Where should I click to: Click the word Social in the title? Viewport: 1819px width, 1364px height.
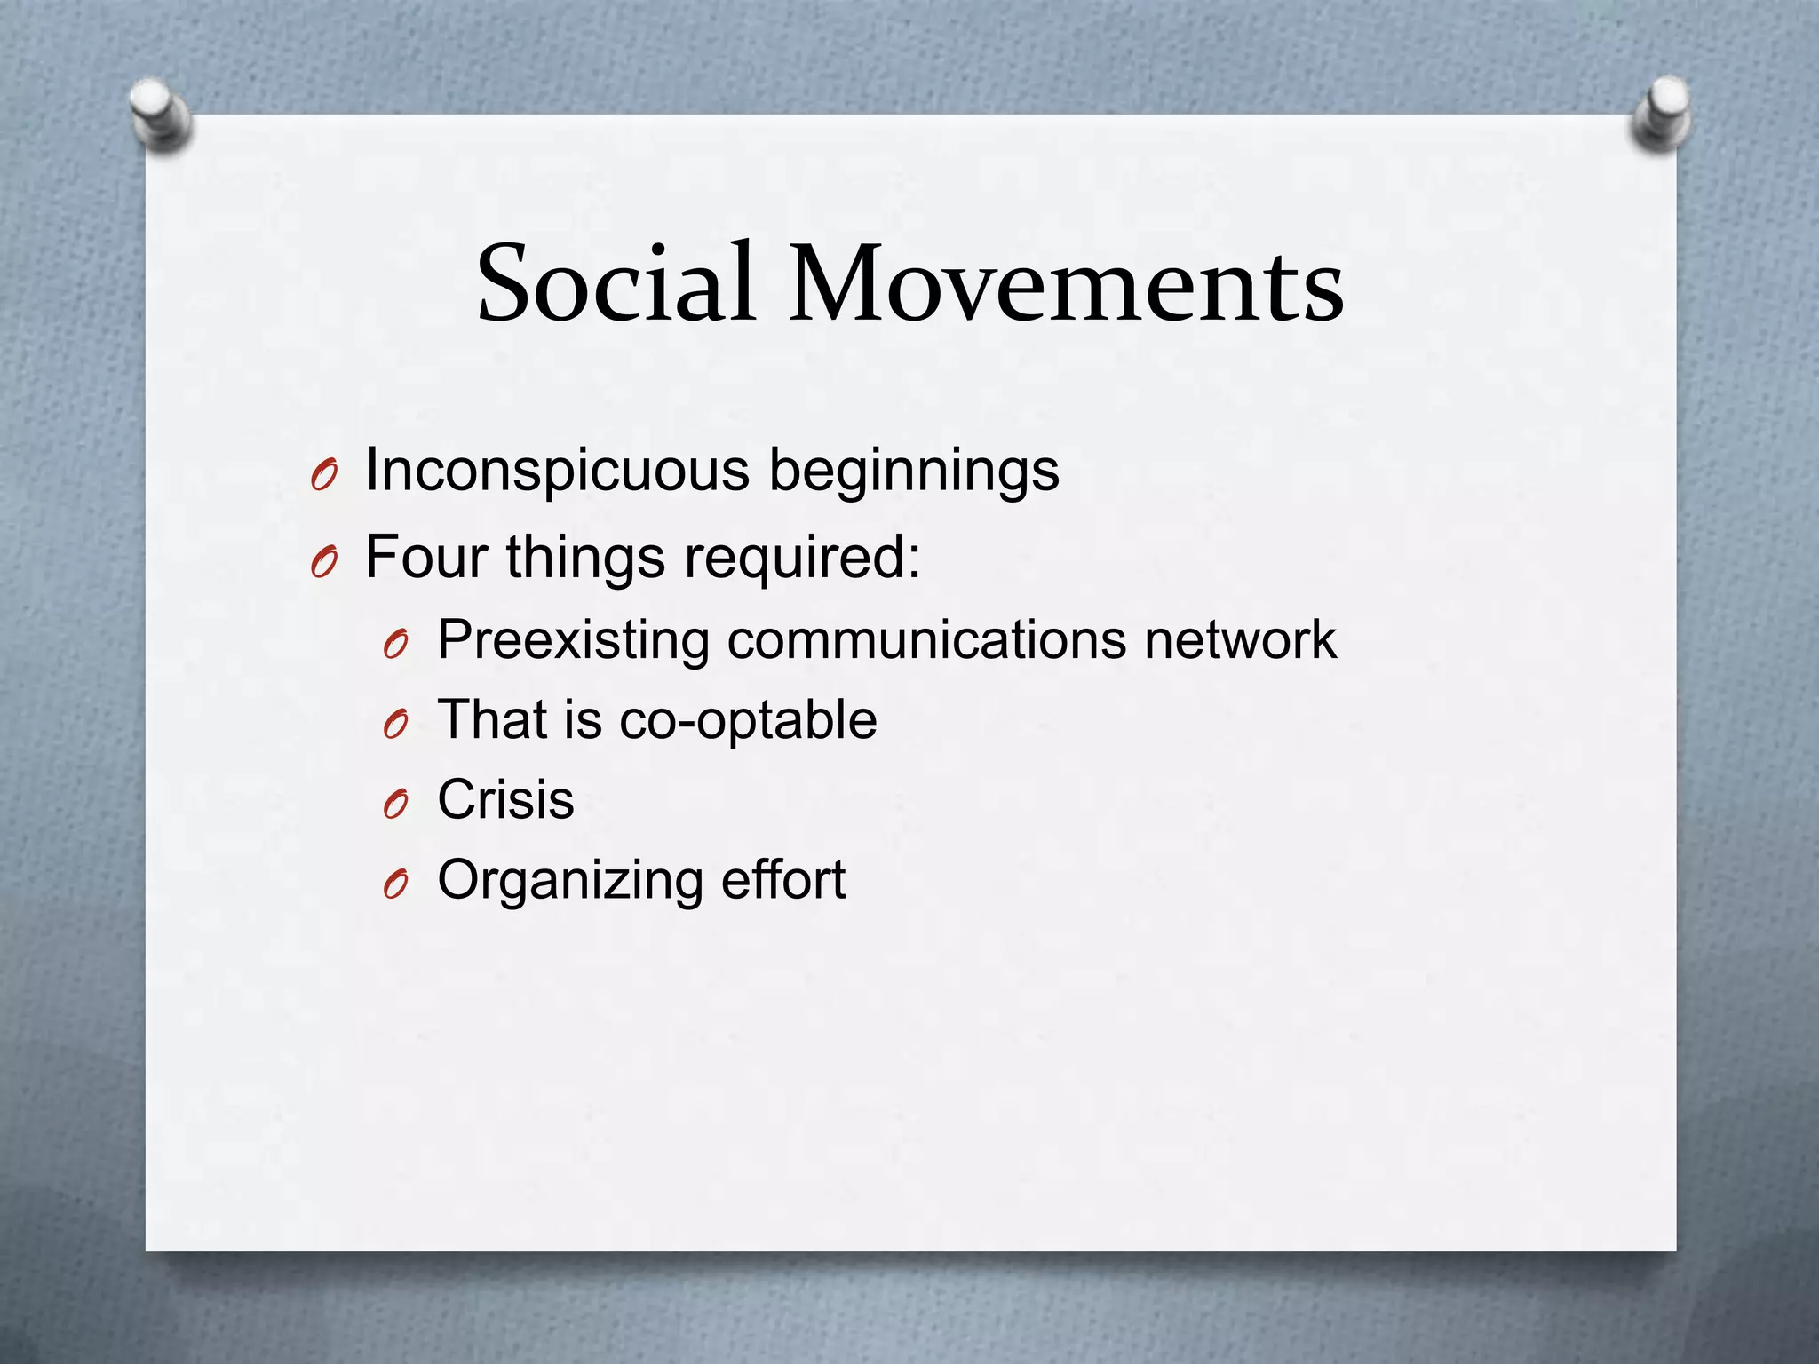pos(616,284)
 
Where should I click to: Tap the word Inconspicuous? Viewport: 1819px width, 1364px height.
pos(557,471)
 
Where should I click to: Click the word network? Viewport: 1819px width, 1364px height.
pos(1240,640)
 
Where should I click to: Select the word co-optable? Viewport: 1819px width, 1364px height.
pos(748,720)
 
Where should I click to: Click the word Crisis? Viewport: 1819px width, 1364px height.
pos(505,800)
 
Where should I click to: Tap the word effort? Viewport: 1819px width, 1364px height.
pos(783,880)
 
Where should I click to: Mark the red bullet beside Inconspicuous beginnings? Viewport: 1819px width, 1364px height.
pos(324,478)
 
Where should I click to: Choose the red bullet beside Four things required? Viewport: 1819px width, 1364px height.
pos(324,563)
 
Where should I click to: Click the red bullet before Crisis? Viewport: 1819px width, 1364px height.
pos(395,805)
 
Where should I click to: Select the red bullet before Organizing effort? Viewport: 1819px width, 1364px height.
pos(395,885)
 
